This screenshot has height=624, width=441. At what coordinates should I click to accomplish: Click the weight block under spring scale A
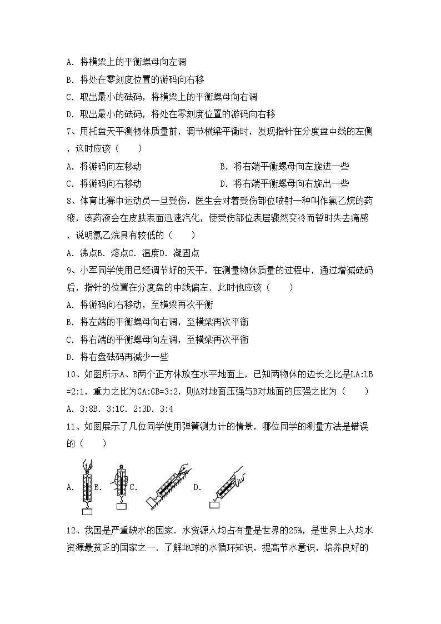point(87,510)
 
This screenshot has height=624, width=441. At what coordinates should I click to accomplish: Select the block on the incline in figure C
point(149,503)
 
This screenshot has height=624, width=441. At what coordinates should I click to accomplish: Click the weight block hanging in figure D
point(214,504)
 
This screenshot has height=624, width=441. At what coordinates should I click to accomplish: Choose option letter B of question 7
point(223,166)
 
